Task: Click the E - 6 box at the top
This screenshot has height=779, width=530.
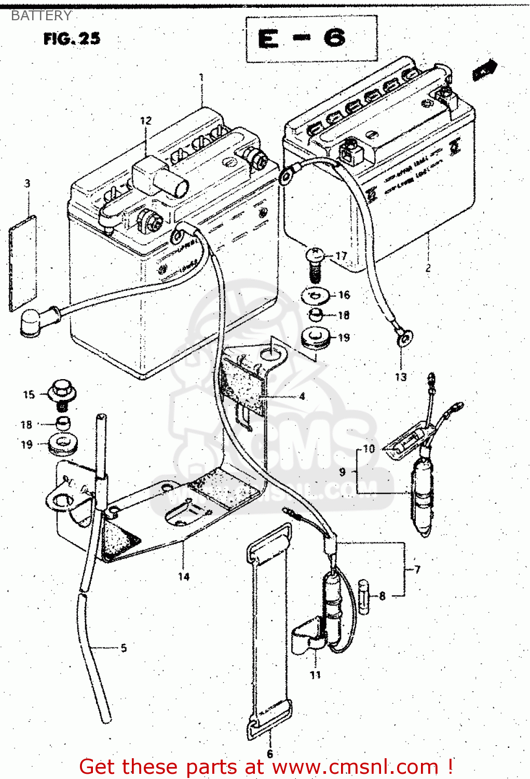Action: [311, 39]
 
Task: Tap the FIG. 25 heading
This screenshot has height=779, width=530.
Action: [72, 39]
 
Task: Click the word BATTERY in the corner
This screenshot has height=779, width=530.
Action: [41, 16]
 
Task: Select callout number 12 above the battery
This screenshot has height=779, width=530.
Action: [146, 120]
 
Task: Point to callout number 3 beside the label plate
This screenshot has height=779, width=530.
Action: [27, 183]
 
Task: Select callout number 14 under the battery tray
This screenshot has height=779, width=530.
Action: [184, 576]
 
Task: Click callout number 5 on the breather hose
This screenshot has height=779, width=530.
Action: [124, 648]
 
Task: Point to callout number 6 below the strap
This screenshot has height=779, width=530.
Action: [269, 754]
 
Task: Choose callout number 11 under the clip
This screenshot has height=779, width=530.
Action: [315, 675]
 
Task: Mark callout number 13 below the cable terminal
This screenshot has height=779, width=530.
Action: [401, 377]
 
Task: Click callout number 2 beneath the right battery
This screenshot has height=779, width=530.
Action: [428, 268]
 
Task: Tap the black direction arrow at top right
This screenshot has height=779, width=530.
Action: [485, 69]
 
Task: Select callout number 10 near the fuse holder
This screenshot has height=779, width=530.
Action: [369, 449]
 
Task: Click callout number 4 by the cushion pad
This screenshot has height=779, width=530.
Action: [302, 397]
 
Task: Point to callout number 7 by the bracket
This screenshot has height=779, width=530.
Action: [417, 570]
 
